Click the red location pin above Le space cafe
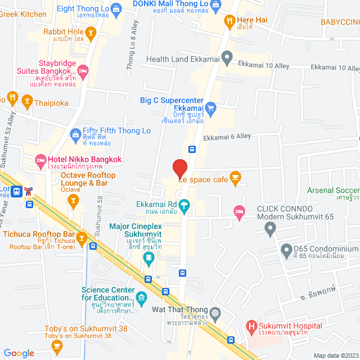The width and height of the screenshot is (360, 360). pos(179,168)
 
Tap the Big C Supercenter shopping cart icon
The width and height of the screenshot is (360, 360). pos(211,107)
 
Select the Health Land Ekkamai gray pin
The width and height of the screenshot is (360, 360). pos(227,57)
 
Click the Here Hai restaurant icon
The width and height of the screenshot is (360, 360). pos(229,22)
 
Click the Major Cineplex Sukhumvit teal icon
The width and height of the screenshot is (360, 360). pos(149,258)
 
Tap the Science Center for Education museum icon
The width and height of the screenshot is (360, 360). pos(141,296)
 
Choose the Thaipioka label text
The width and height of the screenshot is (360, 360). pos(51,103)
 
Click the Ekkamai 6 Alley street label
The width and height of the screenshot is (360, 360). pos(227,137)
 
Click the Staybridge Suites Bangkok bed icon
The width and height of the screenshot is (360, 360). pos(83,71)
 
